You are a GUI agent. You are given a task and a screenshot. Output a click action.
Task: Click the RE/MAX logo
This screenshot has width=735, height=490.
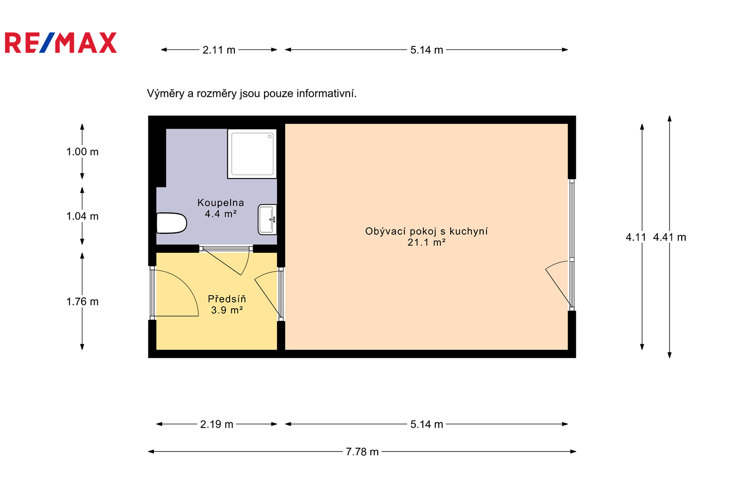coord(61,43)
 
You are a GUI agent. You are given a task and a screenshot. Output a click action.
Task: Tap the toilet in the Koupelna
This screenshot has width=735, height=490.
coord(172,223)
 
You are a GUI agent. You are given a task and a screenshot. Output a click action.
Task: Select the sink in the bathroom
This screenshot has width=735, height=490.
coord(267,220)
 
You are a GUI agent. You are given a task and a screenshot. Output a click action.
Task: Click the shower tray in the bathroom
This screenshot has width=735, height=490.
coord(252,153)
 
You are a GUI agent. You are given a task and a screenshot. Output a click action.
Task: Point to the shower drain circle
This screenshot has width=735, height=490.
coord(270,136)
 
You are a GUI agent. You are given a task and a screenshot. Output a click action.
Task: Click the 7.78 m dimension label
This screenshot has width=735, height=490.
coord(362,451)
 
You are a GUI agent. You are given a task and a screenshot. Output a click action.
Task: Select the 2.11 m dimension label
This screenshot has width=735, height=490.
coord(219,50)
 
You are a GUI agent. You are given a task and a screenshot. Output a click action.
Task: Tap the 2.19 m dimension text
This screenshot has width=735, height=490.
coord(216,424)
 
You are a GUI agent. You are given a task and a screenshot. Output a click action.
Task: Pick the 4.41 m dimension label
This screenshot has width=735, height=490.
coord(669,237)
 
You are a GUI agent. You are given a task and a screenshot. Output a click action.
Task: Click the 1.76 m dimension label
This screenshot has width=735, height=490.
coord(82,301)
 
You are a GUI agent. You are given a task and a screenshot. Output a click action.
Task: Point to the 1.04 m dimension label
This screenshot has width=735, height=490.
coord(82,216)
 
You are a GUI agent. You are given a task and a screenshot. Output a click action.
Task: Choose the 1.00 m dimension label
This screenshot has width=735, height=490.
coord(82,152)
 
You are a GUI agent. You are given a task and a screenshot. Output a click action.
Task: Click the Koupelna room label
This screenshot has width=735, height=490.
coord(220,203)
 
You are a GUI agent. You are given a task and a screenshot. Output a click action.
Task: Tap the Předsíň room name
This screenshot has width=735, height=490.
coord(227,299)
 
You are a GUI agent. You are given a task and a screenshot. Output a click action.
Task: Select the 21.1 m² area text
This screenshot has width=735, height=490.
coord(426,242)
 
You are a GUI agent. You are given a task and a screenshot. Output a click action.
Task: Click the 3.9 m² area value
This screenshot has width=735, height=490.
coord(227,310)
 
